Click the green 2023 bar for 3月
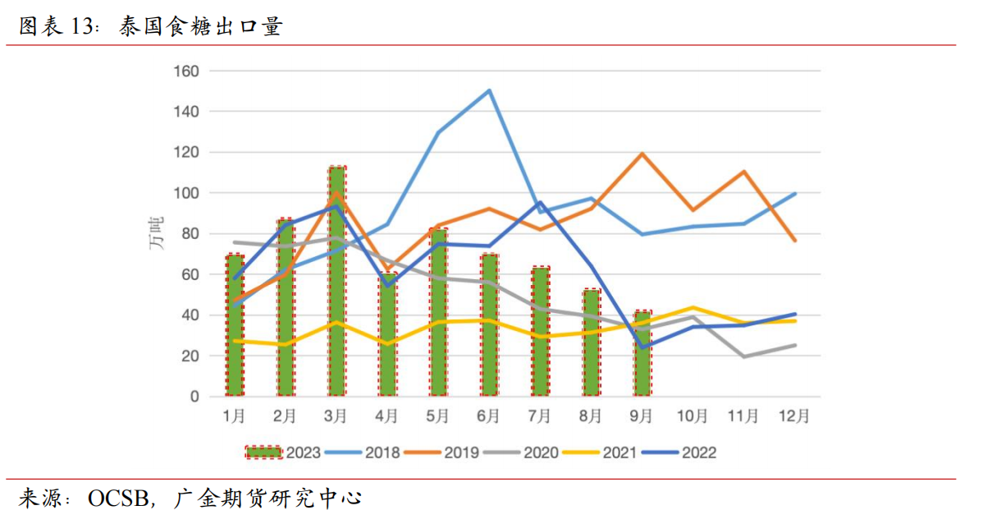point(336,283)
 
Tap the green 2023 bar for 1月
point(235,326)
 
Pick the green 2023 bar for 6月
point(490,326)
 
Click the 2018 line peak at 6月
point(490,90)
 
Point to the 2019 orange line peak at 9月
point(642,154)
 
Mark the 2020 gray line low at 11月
point(743,356)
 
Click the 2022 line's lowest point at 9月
point(642,347)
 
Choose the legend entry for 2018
point(363,453)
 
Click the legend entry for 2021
point(606,453)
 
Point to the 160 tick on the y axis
point(187,71)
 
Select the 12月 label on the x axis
point(794,416)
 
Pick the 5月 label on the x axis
point(438,416)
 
